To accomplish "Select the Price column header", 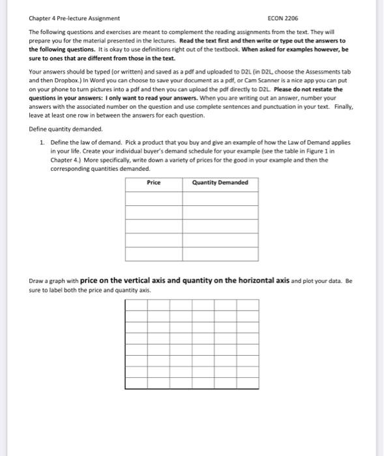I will point(153,182).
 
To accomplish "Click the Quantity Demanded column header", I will point(220,182).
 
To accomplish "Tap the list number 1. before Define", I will point(42,141).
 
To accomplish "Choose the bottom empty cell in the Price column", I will point(153,254).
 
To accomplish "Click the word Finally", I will point(342,107).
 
